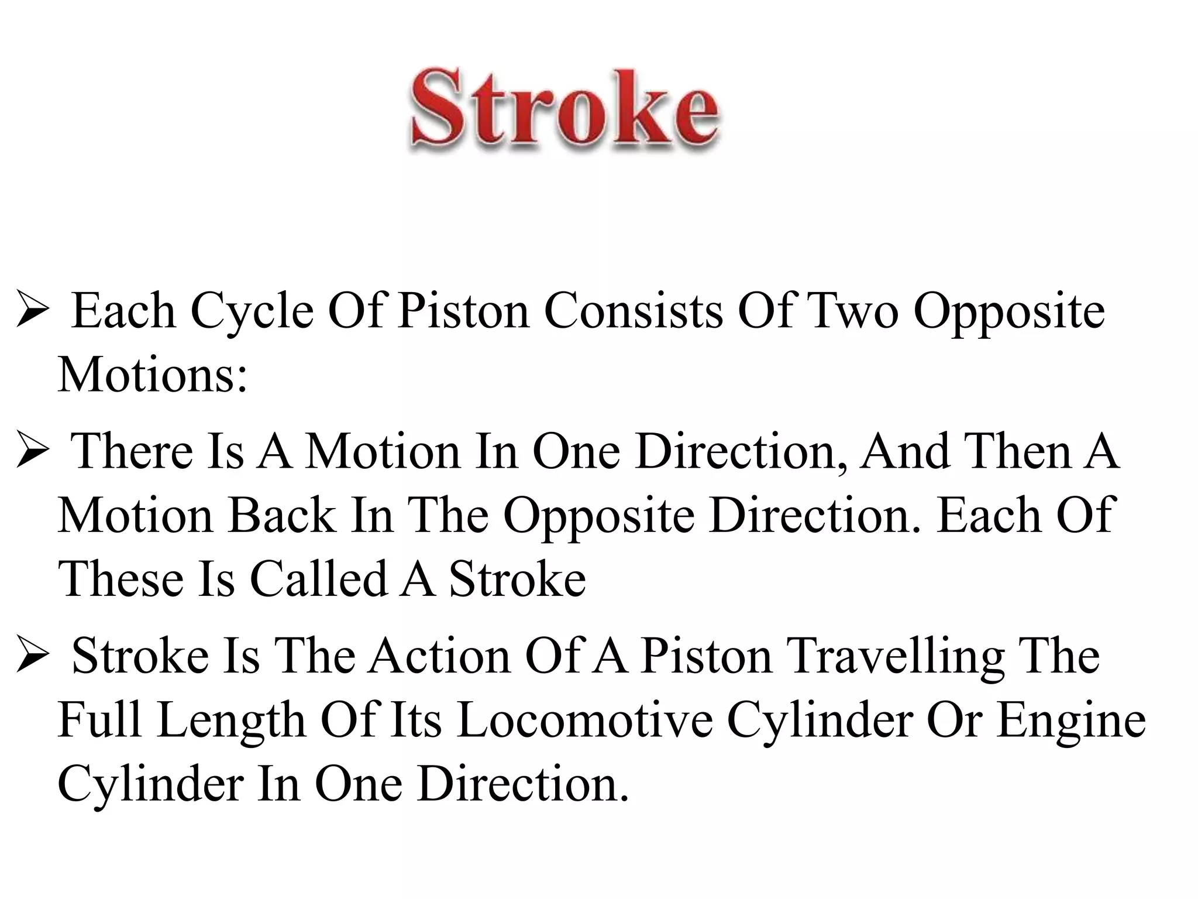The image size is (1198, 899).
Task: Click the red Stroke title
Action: point(564,109)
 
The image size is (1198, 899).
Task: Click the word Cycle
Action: point(252,311)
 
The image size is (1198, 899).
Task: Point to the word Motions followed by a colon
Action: point(153,375)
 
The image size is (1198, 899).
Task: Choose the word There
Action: point(132,451)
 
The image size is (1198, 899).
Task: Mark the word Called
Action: point(319,579)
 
